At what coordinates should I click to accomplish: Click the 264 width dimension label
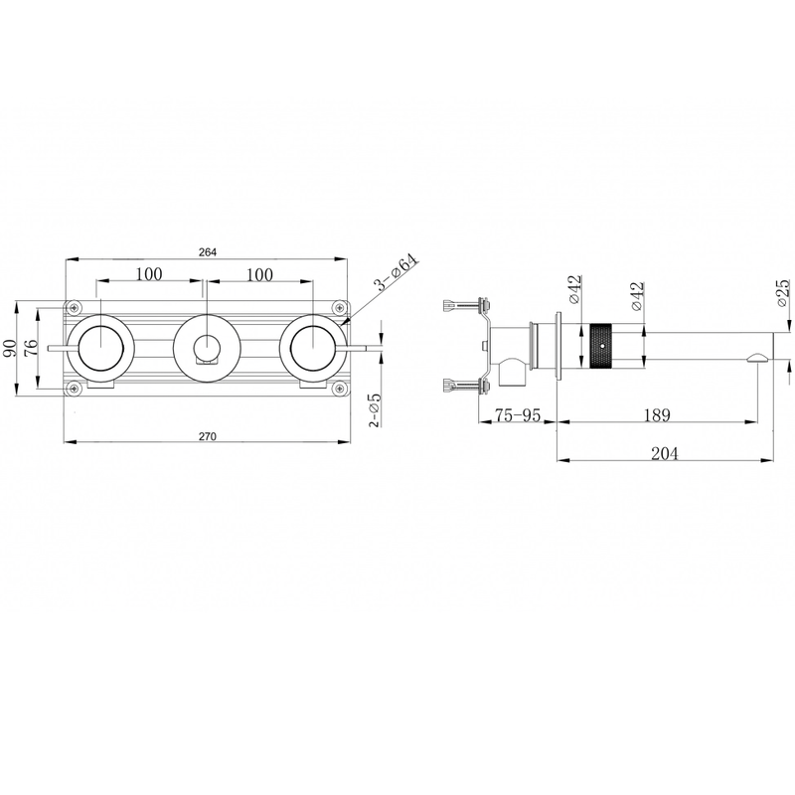click(x=208, y=252)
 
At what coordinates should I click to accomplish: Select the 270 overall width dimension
click(x=208, y=436)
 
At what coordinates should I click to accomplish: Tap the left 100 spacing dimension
click(x=149, y=274)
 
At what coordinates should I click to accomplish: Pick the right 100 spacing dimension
click(x=260, y=275)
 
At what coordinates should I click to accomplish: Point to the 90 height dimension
click(x=10, y=349)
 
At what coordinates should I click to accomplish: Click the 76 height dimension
click(x=31, y=349)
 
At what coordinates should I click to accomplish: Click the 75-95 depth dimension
click(x=518, y=415)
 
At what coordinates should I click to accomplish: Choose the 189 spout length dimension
click(x=657, y=415)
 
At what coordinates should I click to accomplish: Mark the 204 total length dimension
click(x=664, y=453)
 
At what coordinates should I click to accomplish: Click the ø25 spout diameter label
click(x=783, y=292)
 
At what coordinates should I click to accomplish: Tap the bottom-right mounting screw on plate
click(x=339, y=390)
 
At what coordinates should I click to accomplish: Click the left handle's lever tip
click(x=49, y=348)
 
